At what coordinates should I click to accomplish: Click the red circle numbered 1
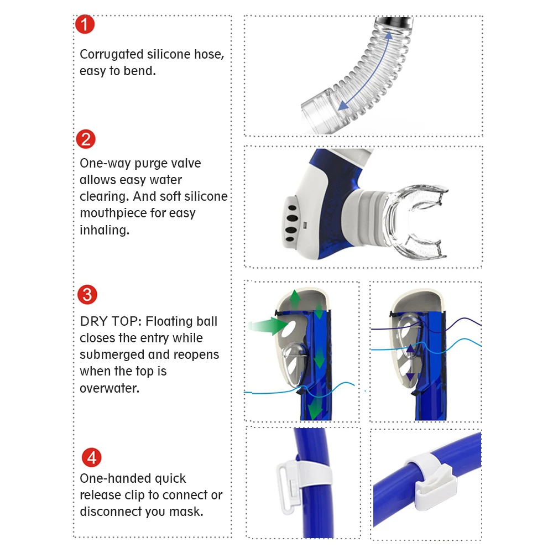(85, 24)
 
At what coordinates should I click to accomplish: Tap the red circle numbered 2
(86, 139)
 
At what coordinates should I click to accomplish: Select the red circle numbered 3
(87, 295)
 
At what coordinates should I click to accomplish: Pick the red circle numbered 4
(91, 458)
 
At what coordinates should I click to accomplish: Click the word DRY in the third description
(93, 321)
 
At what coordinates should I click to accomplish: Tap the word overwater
(109, 388)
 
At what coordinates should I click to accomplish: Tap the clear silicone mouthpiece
(417, 221)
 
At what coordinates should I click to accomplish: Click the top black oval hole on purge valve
(291, 208)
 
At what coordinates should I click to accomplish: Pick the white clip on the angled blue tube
(431, 479)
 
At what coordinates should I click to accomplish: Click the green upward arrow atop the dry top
(295, 300)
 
